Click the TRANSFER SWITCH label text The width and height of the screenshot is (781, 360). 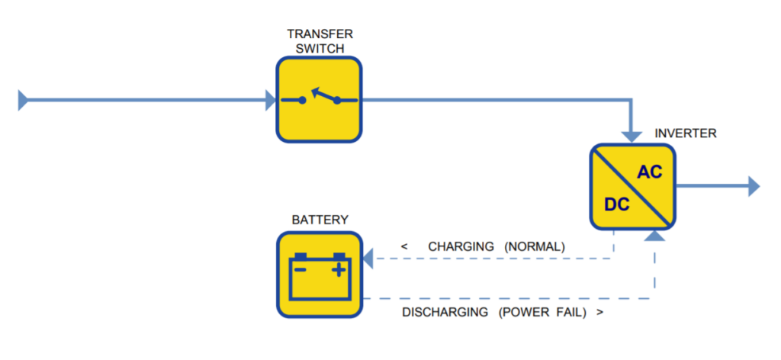coord(320,41)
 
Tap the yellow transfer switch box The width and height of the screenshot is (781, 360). coord(320,100)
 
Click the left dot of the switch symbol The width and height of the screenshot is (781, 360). coord(302,100)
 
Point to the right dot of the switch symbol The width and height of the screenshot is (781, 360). coord(337,100)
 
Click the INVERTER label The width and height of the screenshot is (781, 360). coord(686,133)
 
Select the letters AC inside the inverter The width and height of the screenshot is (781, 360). coord(650,172)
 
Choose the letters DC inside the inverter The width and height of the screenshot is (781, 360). coord(616,204)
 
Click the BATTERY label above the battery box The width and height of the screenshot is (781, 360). coord(320,220)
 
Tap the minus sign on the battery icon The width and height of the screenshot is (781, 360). coord(300,270)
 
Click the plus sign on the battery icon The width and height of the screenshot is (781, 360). coord(339,270)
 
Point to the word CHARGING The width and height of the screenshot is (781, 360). coord(461,246)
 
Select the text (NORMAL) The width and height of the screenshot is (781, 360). coord(535,246)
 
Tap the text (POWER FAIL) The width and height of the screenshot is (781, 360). coord(543,313)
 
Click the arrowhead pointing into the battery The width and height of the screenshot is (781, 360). coord(368,259)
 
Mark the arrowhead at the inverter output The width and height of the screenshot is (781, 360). coord(754,187)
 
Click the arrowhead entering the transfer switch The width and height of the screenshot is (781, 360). coord(271,100)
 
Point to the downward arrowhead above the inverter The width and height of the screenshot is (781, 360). coord(632,137)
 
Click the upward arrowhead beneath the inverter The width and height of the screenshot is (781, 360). coord(654,236)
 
